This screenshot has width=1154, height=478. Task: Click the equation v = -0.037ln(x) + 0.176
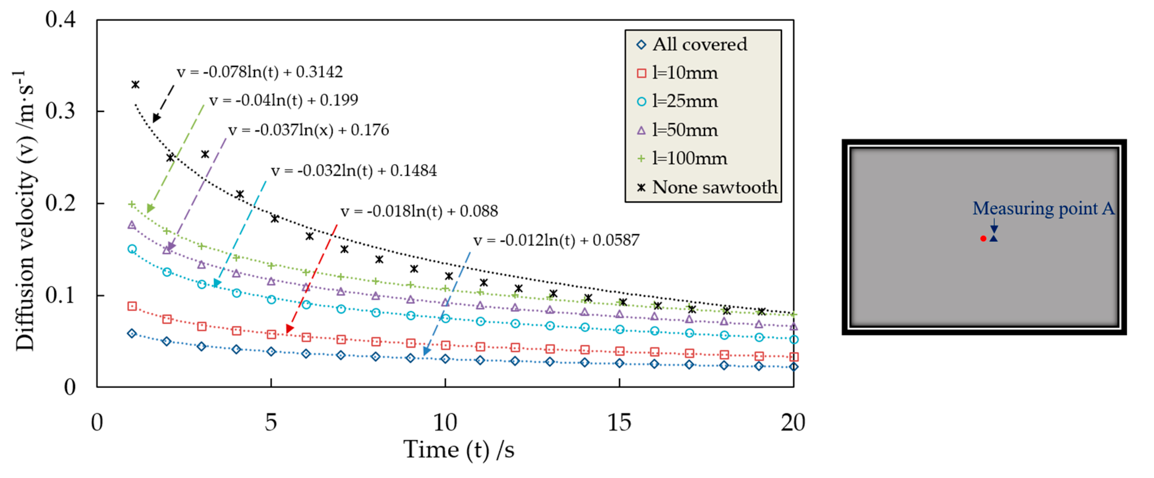point(308,130)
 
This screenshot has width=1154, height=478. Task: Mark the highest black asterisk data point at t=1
point(135,84)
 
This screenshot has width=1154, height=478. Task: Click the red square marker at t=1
point(132,306)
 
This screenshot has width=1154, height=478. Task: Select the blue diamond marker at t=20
point(793,366)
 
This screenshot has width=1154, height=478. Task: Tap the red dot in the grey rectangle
point(983,238)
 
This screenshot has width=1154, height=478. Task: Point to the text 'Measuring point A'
point(1043,208)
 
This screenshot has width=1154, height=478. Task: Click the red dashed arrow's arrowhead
point(289,329)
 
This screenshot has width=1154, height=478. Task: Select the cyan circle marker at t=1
point(132,249)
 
